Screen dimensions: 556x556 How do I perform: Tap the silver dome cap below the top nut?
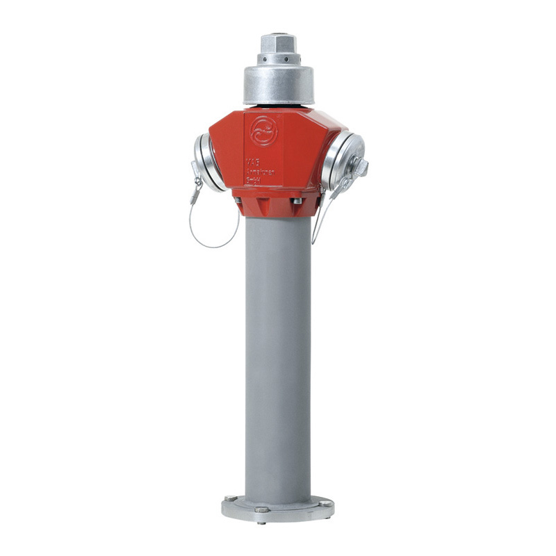(x=278, y=83)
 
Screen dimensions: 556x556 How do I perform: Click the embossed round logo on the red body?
(x=264, y=130)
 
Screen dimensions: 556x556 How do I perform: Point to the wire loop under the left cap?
(x=213, y=233)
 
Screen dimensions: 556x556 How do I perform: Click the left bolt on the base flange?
(x=230, y=498)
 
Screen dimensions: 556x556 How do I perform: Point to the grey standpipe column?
(x=278, y=347)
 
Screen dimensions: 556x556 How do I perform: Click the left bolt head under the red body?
(x=238, y=201)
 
